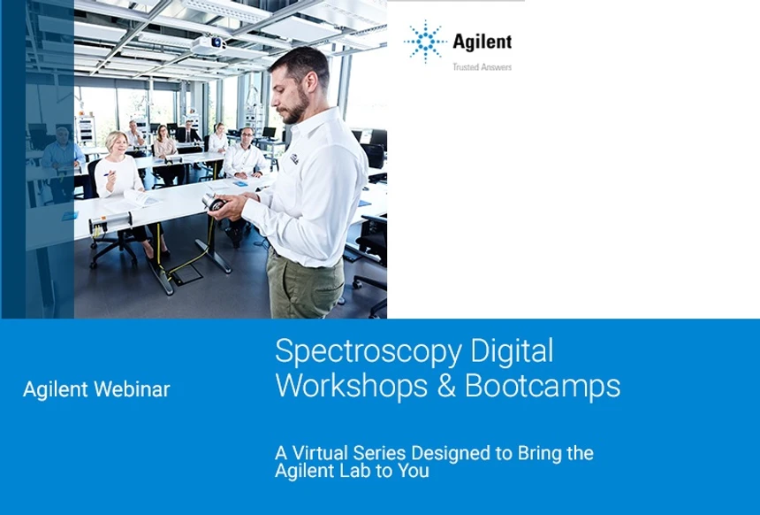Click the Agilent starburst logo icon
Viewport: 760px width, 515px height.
pos(425,41)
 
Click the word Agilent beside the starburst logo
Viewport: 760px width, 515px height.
pos(482,41)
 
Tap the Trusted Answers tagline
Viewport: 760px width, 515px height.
pos(482,67)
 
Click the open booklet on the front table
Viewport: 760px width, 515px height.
pos(141,198)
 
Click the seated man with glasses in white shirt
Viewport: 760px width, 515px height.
pos(245,154)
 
